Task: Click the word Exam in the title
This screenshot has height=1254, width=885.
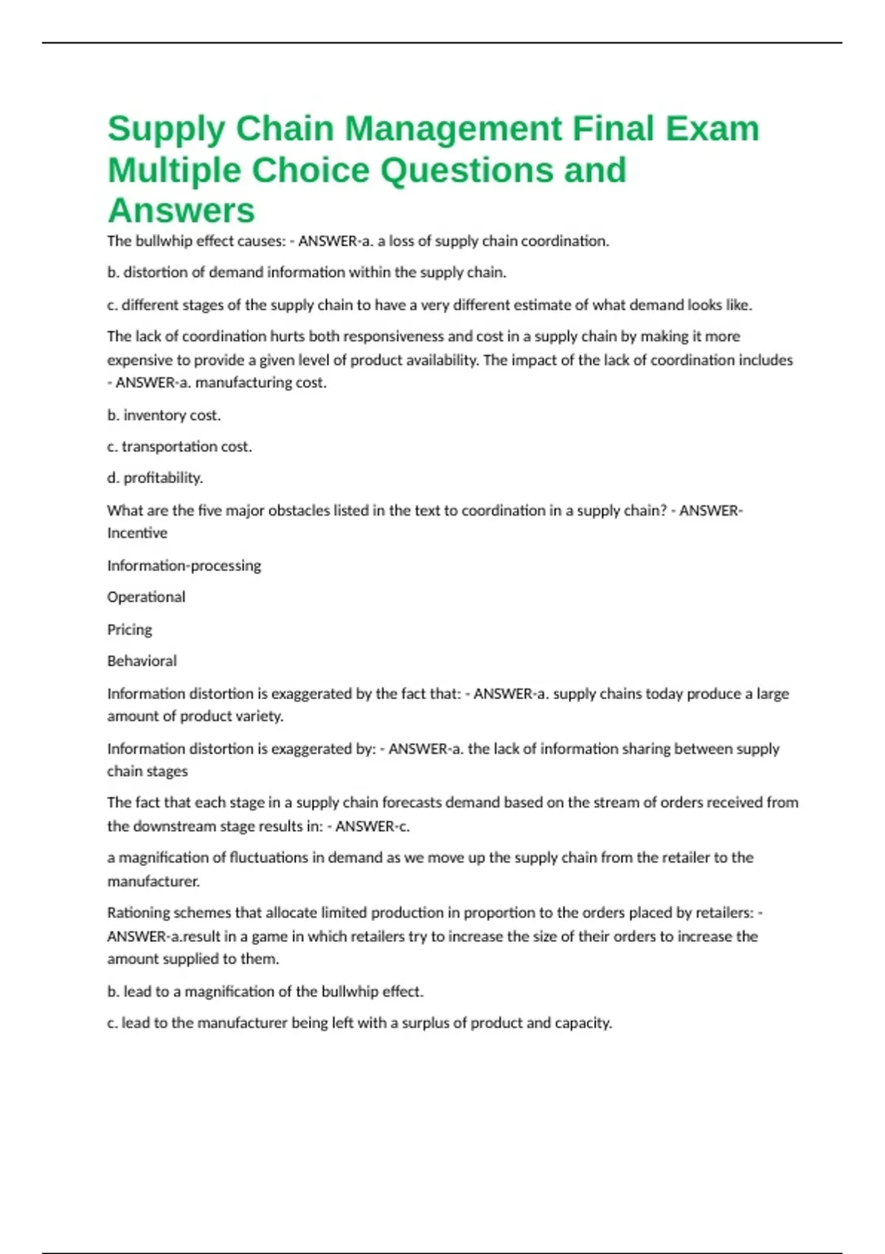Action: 712,128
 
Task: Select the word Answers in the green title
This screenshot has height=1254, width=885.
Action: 181,210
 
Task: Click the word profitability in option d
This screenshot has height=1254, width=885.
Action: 162,478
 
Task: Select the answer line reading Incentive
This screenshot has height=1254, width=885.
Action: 137,533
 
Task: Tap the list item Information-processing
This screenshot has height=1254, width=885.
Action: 184,566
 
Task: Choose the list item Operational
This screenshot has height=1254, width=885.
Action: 146,597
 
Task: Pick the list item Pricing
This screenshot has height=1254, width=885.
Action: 130,629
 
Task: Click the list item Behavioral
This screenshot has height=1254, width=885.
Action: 142,661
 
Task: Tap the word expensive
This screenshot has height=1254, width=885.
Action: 142,360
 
